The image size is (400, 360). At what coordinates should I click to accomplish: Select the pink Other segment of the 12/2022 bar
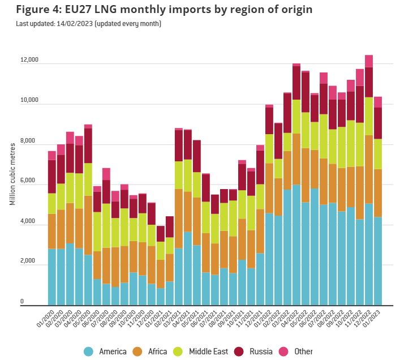coord(369,61)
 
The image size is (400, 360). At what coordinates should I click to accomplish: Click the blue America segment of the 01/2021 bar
coord(161,297)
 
